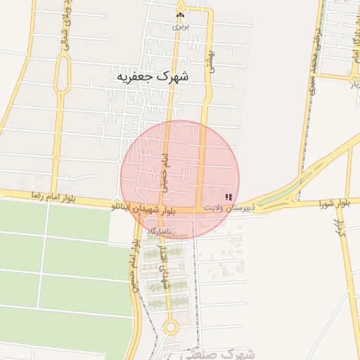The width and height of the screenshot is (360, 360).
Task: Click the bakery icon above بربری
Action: click(181, 14)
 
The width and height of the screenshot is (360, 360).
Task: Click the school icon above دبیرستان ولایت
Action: click(228, 198)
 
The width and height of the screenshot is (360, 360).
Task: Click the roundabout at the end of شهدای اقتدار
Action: click(170, 327)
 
